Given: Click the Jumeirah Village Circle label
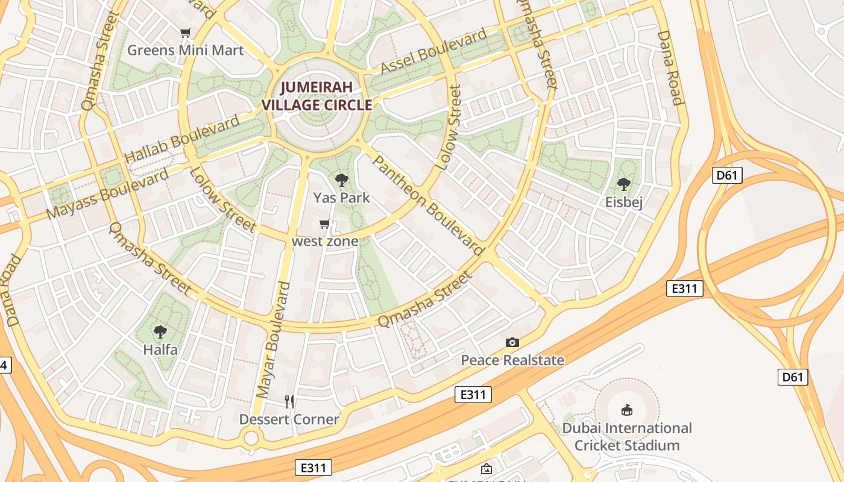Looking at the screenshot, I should click(x=316, y=96).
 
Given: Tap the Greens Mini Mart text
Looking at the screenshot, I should click(x=185, y=50).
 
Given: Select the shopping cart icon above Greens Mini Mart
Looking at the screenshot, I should click(x=186, y=33).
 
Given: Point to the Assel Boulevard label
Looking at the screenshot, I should click(x=434, y=51).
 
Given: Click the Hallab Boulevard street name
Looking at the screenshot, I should click(x=182, y=140).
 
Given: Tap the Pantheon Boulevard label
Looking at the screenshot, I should click(x=427, y=204).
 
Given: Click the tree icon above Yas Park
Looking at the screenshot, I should click(x=342, y=180).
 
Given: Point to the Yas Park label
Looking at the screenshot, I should click(x=342, y=198).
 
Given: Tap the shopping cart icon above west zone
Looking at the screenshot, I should click(x=325, y=224).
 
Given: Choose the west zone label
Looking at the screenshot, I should click(x=325, y=241).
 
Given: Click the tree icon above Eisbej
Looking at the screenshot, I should click(x=624, y=184).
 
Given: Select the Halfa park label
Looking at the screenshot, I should click(x=160, y=349).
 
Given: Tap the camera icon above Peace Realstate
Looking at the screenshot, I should click(x=512, y=343).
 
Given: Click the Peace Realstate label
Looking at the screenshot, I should click(x=512, y=360).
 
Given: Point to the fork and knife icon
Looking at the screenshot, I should click(x=289, y=401).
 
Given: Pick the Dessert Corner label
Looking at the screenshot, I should click(x=289, y=419).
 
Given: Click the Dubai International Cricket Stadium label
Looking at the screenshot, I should click(x=627, y=437).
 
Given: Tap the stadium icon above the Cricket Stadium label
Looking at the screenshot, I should click(x=627, y=410).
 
